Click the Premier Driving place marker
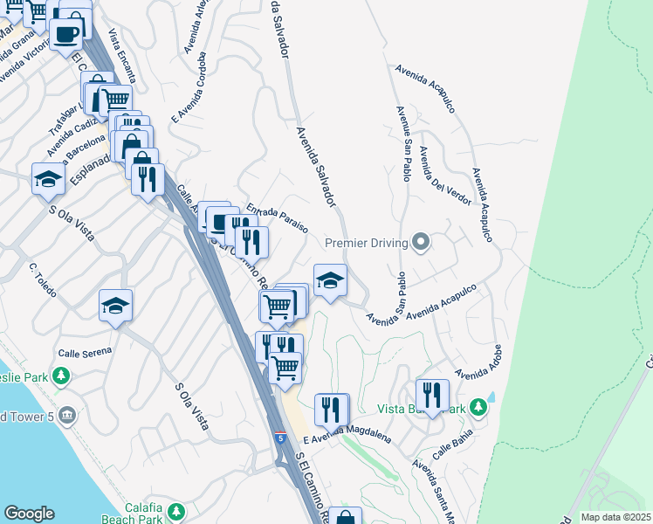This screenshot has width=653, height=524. coord(421,242)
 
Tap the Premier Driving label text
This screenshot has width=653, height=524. coord(367,243)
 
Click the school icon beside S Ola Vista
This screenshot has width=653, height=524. coord(49,180)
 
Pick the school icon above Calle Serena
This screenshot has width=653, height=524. coord(115,306)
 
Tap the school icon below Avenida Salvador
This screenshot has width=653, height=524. coord(330,280)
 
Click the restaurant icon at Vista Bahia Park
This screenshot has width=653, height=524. coord(431,396)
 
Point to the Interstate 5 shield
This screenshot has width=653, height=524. coord(279,437)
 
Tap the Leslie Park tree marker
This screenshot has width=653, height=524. coord(60,376)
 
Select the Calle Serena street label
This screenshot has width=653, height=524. coord(85,353)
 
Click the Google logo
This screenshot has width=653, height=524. coord(29,514)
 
